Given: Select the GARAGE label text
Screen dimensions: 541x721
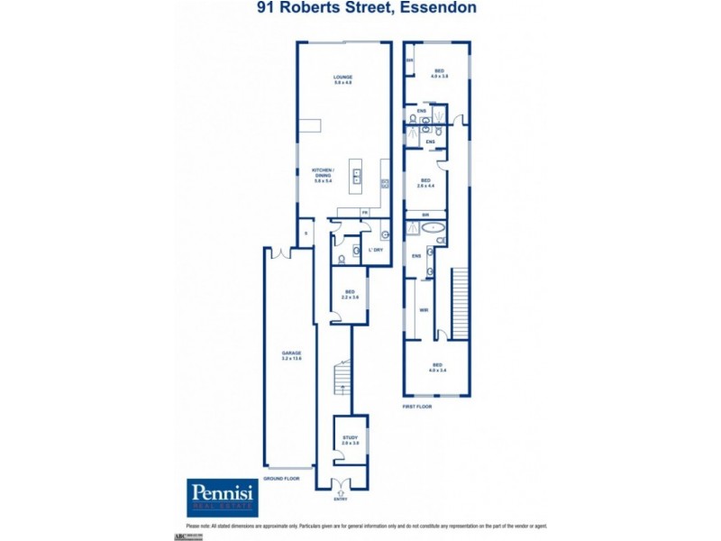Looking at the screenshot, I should [x=290, y=355].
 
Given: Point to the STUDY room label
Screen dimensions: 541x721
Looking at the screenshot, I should [x=351, y=440].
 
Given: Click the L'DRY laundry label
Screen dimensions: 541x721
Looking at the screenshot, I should [x=375, y=249].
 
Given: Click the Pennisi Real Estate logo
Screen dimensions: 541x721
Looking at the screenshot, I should [x=223, y=496].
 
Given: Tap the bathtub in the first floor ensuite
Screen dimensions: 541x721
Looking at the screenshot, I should [x=434, y=228].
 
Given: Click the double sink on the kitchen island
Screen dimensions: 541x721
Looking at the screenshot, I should [x=356, y=174].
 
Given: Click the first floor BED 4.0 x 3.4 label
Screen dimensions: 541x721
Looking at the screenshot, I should [x=438, y=368].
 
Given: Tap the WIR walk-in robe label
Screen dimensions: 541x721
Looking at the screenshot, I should [x=422, y=311].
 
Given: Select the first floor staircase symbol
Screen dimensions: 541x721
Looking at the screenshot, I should [x=460, y=302].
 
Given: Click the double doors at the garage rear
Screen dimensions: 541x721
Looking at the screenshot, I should [x=285, y=252].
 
